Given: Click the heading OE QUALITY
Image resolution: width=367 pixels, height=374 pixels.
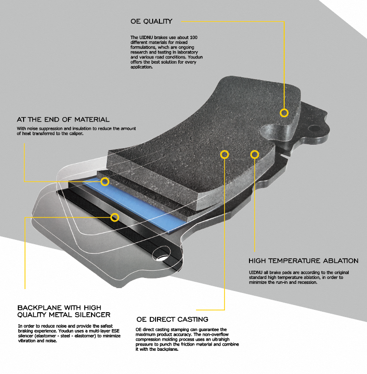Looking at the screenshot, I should tap(151, 21).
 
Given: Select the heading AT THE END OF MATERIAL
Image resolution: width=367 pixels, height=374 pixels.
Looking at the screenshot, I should tap(63, 119).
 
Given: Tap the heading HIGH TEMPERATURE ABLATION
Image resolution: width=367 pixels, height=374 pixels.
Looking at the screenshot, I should tap(303, 261).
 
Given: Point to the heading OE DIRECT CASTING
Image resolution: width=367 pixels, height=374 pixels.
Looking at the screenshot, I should tap(172, 319).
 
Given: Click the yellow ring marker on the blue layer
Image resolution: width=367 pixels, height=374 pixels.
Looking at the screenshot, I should tap(105, 181).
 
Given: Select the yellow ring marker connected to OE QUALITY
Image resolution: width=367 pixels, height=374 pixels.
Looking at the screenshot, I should tap(284, 113).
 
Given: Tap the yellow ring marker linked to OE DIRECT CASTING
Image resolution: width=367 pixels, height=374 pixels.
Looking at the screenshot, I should tap(224, 154).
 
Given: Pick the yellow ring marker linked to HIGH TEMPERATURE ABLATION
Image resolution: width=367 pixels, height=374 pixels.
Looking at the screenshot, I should tap(254, 154).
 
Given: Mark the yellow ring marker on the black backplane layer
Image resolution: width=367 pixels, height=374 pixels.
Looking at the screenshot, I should tap(114, 217).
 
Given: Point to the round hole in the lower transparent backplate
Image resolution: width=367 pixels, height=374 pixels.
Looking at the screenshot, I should tap(158, 255).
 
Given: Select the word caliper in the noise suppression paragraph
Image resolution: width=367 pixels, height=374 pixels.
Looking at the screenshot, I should tap(75, 134).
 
